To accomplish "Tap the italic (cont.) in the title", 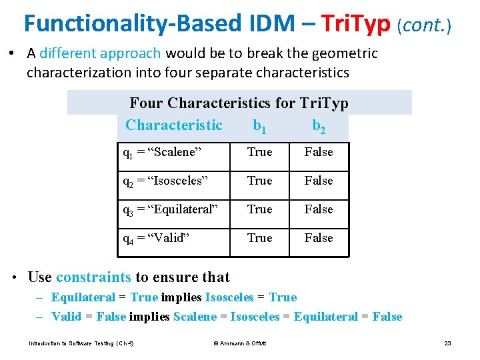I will (425, 25).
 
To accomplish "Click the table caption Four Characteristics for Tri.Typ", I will (239, 103).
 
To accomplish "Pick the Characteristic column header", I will (173, 125).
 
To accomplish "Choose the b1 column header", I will (259, 125).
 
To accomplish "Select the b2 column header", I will (318, 125).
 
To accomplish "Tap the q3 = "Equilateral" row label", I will (169, 209).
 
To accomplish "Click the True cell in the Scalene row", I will (259, 152).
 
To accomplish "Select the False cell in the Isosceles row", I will (318, 181).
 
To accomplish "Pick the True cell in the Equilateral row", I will (259, 209).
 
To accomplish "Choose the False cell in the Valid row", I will (318, 238).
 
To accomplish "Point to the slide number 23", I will (447, 343).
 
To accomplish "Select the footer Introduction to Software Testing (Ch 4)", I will (81, 343).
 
